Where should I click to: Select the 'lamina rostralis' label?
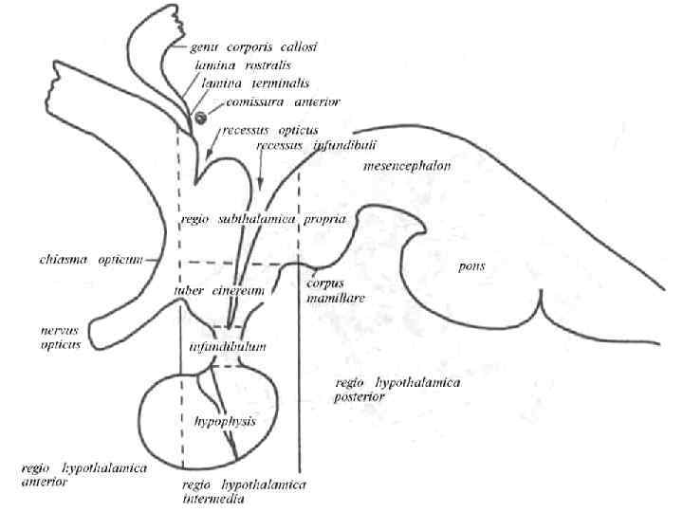coord(240,66)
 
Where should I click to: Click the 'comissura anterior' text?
coord(276,102)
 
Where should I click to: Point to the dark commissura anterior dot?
coord(201,117)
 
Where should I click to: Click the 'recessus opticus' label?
coord(269,129)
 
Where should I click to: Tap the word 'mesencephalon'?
coord(405,167)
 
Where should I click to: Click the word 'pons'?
coord(470,266)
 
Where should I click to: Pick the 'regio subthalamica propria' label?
coord(261,219)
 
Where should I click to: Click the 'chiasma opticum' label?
coord(78,259)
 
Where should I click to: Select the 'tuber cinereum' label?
coord(219,291)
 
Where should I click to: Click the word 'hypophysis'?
coord(224,420)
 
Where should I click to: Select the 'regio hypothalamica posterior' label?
coord(384,390)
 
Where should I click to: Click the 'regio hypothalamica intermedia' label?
coord(242,492)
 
